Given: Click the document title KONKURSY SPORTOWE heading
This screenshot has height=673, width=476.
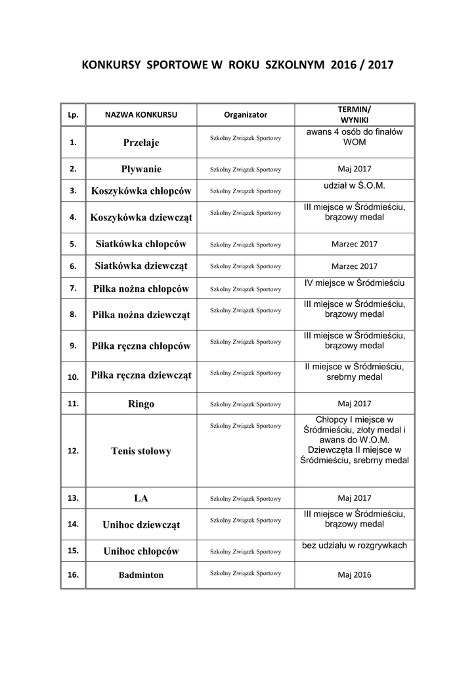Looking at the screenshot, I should [x=238, y=66].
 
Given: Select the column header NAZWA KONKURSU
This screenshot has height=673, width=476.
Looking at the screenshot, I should [x=141, y=114].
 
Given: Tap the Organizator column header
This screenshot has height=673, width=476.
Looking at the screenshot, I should [x=246, y=114].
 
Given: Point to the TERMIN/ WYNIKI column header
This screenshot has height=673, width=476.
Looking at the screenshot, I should [x=355, y=114].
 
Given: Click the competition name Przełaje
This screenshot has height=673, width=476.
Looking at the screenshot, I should [x=141, y=142].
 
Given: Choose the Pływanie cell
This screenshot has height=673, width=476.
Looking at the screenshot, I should [x=141, y=169].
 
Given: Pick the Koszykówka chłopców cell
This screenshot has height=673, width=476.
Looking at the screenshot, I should [x=141, y=191].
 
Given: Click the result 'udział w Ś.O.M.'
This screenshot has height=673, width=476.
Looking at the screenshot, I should [x=355, y=186].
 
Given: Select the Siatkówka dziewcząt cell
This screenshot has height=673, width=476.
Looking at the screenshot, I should [x=141, y=266].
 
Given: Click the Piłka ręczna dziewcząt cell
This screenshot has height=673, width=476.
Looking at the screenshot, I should [x=141, y=375].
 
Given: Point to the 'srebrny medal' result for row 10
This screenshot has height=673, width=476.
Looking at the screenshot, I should [x=355, y=377].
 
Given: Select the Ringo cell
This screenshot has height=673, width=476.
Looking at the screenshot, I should [x=141, y=404].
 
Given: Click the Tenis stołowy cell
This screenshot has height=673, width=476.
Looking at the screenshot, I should [x=141, y=452].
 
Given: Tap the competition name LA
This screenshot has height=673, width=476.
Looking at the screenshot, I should [x=141, y=498].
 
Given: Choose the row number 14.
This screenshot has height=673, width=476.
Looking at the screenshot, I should [x=74, y=524].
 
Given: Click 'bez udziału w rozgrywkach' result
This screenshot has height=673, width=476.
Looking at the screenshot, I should [x=355, y=545].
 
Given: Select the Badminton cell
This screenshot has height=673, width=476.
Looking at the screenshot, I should [x=141, y=575].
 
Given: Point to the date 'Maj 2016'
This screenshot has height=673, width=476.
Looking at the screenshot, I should [x=355, y=575].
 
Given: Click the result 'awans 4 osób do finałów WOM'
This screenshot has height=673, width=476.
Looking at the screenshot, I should [x=355, y=137].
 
